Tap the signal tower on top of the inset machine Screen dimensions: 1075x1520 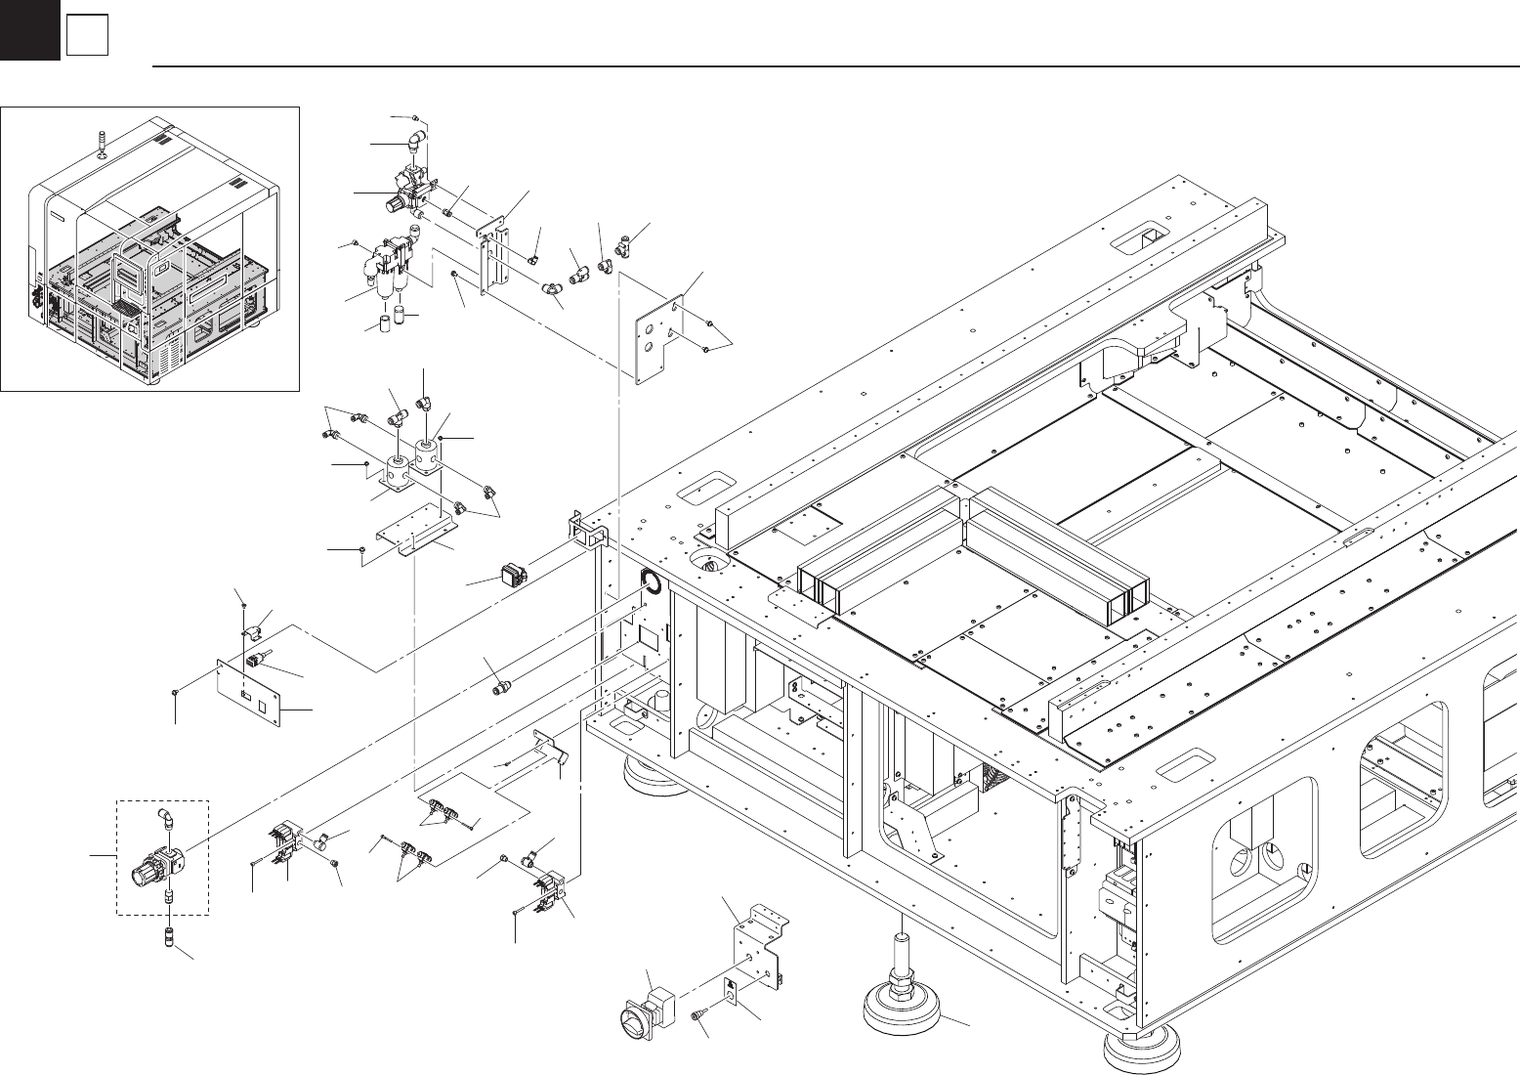(x=103, y=142)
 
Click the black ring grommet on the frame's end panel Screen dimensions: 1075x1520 (x=650, y=583)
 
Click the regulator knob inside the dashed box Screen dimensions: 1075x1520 (x=142, y=866)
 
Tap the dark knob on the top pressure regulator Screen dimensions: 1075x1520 (x=391, y=204)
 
